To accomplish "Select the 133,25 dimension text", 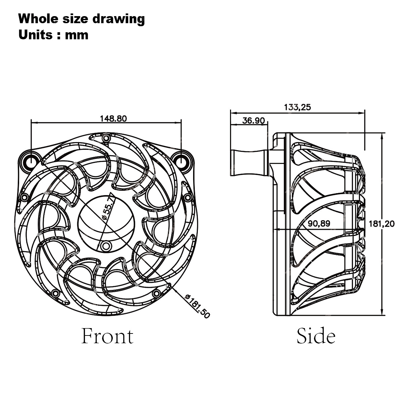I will tap(298, 107).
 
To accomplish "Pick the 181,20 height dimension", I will tap(381, 224).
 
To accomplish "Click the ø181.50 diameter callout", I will tap(197, 306).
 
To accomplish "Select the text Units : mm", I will tap(53, 35).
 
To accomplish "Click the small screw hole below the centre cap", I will tap(106, 246).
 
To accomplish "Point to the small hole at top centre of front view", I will tap(106, 138).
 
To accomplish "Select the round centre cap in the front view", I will tap(106, 222).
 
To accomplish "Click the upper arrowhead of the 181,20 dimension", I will tap(382, 135).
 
